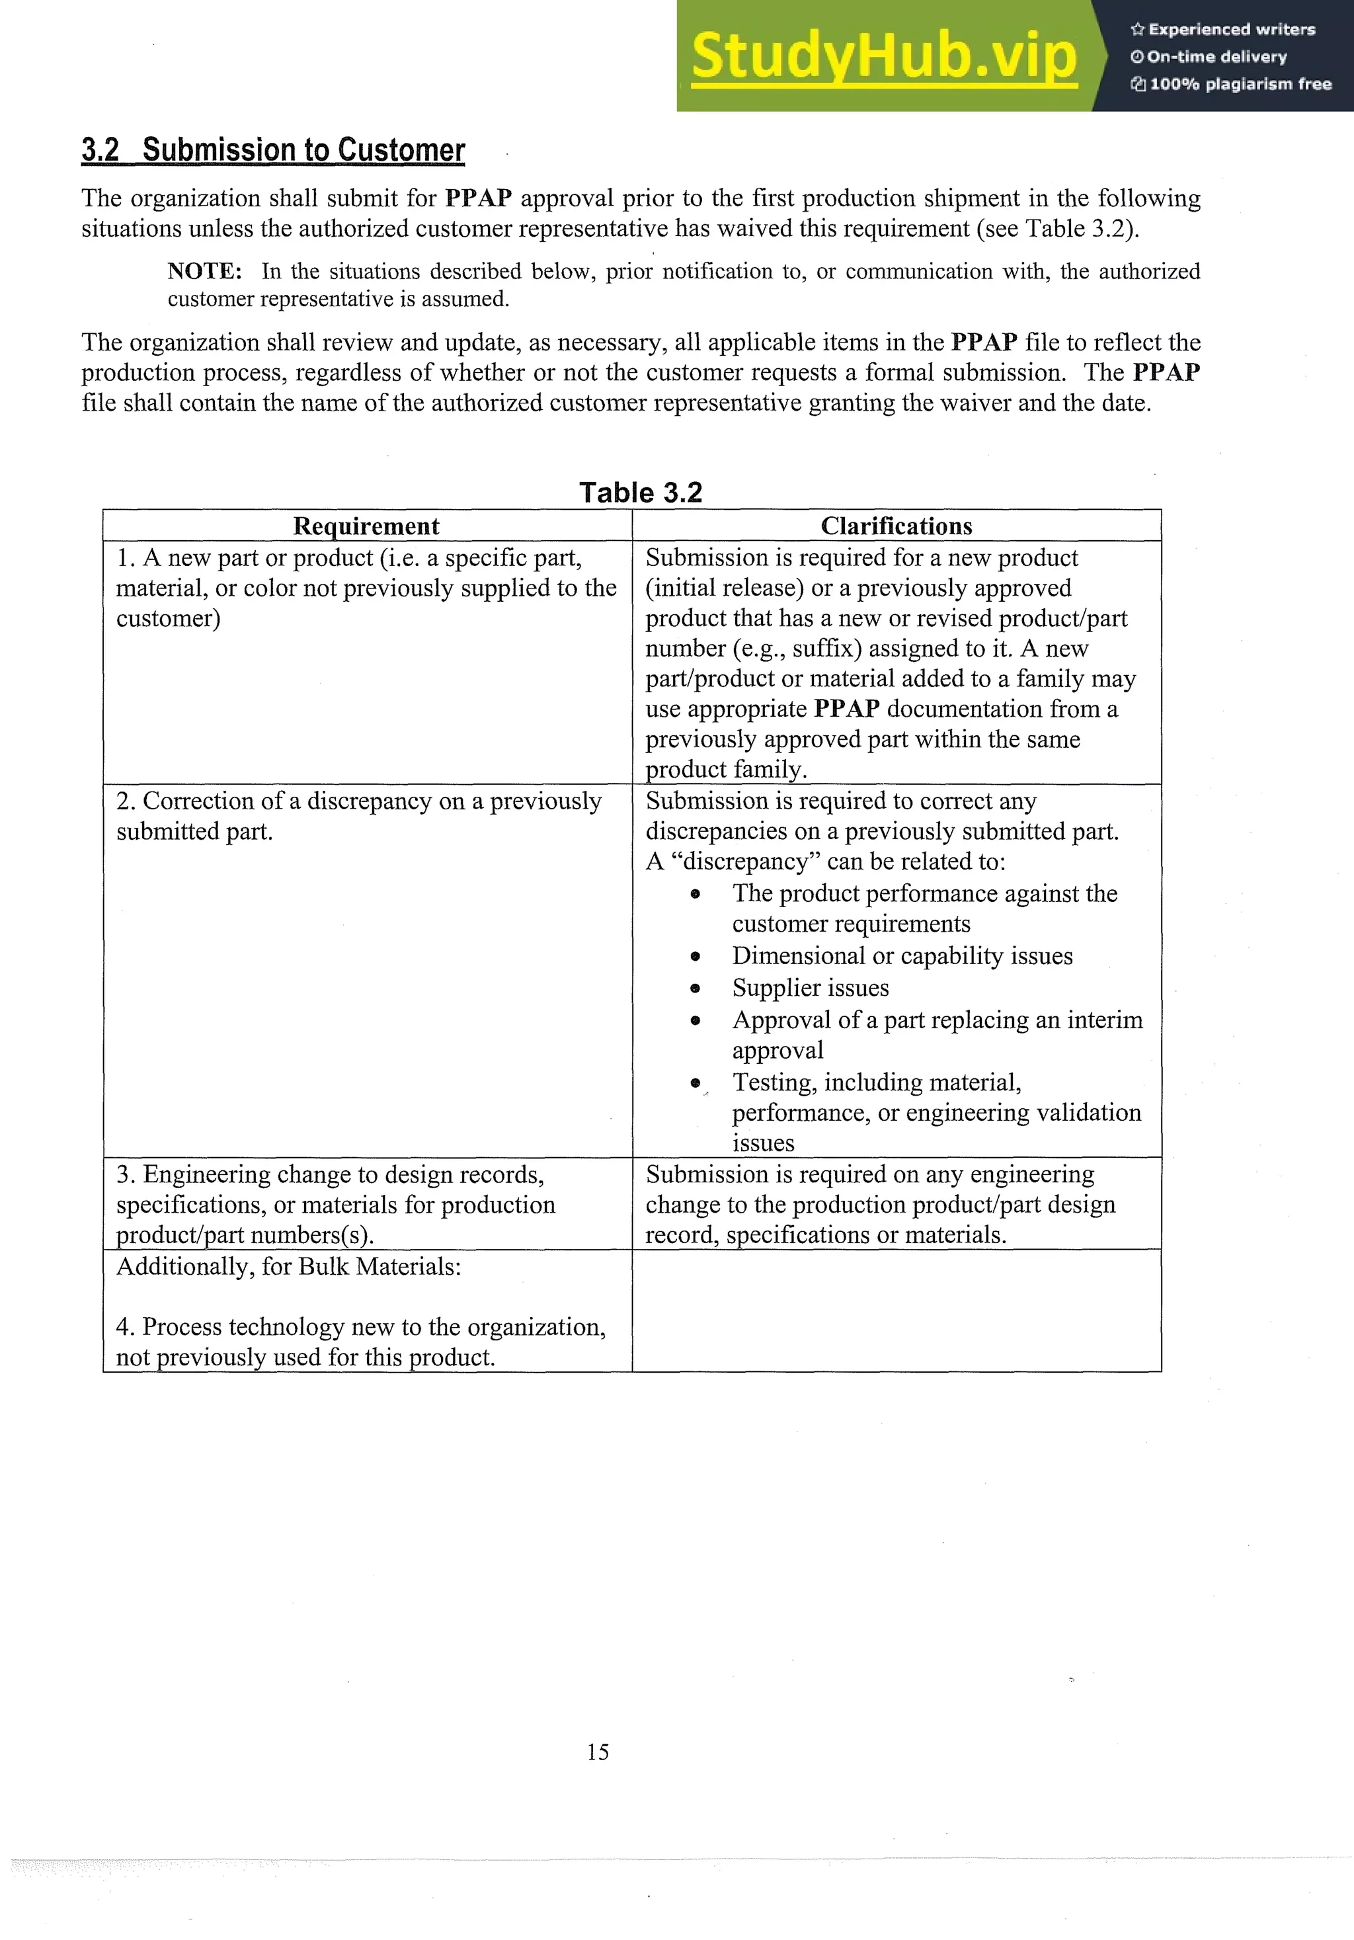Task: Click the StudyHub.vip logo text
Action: (883, 56)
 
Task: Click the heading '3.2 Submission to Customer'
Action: (273, 149)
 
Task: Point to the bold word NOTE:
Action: (204, 271)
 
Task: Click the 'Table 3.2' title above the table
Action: (640, 492)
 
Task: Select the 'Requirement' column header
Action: (366, 526)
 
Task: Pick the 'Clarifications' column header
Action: (896, 526)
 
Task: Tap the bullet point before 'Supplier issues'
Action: (695, 988)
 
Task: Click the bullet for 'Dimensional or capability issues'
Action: (695, 957)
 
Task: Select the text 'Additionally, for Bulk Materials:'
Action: (288, 1267)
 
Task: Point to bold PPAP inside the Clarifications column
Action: (846, 708)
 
